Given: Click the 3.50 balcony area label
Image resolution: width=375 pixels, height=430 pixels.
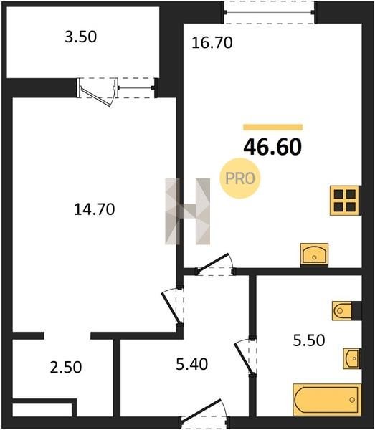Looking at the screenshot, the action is tap(80, 37).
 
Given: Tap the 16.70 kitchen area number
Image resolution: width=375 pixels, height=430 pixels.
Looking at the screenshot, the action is tap(212, 43).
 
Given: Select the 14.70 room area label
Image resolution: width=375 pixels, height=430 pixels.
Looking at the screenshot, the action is tap(95, 209).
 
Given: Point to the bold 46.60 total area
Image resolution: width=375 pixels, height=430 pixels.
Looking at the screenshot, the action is tap(272, 147).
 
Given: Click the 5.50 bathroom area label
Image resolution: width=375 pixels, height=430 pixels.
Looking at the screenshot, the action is tap(309, 340).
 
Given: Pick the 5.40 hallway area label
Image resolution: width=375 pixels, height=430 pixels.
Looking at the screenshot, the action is tap(191, 365).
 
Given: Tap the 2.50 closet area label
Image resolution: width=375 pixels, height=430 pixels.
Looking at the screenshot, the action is tap(66, 367).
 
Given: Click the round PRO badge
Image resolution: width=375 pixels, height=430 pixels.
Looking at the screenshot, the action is tap(239, 178).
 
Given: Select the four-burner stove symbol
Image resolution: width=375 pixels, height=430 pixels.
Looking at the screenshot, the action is tap(345, 201).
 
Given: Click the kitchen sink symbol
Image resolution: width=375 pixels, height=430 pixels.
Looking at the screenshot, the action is tap(314, 254).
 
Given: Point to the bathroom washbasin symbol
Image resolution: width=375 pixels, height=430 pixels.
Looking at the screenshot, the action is tap(352, 359).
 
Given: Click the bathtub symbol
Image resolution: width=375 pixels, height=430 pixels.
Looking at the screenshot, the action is tap(327, 400).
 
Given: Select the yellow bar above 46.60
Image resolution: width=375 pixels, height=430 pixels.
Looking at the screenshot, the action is tap(273, 127).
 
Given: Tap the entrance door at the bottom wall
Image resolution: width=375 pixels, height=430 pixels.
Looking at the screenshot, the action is tap(204, 414).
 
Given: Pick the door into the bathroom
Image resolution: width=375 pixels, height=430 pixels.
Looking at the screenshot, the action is tap(246, 356).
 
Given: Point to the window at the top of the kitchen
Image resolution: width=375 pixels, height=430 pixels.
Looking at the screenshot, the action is tap(269, 12).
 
